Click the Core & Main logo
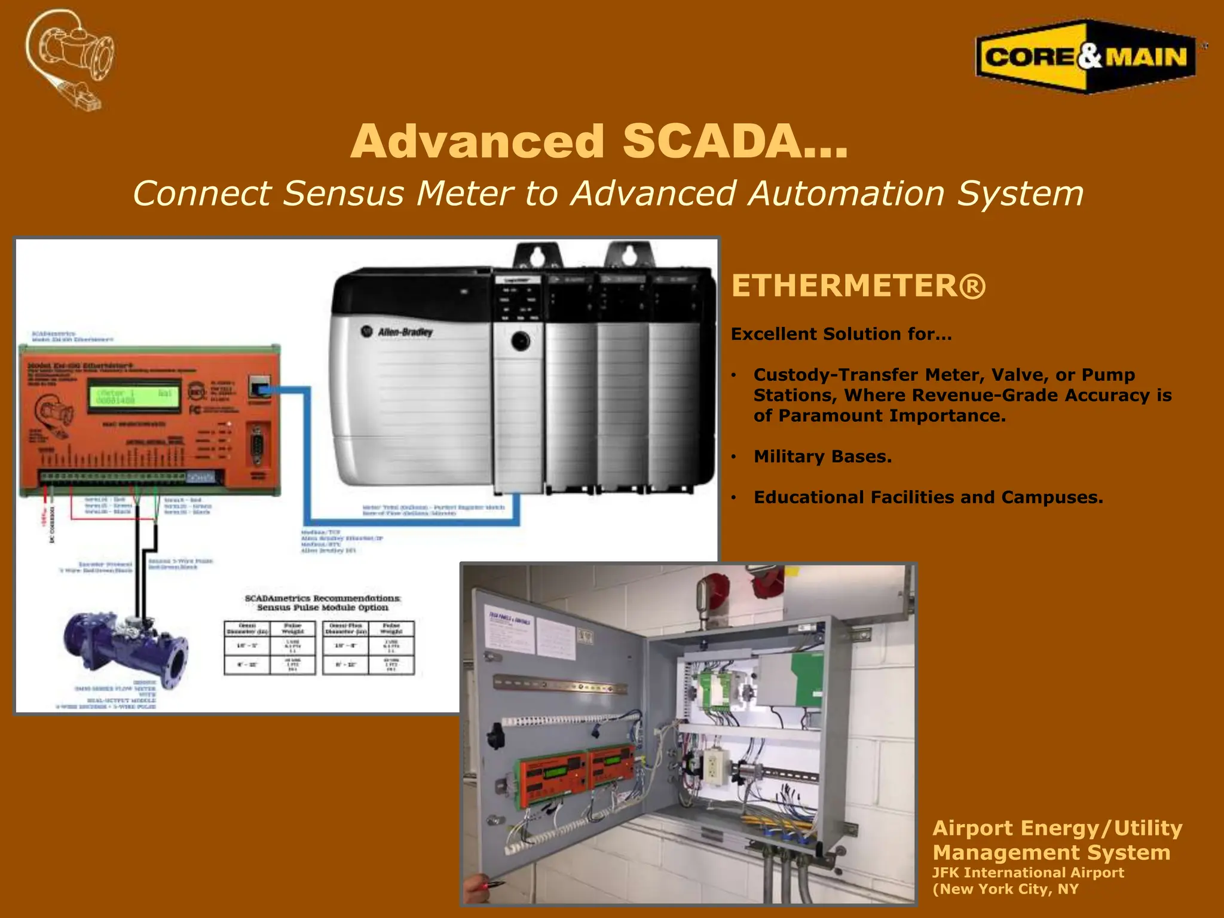click(1085, 57)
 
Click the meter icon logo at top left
click(71, 59)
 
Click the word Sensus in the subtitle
click(343, 194)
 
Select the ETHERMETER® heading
click(858, 286)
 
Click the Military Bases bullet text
click(822, 457)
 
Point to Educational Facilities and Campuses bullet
click(928, 497)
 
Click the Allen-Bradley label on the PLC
click(405, 332)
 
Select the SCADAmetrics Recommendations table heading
click(323, 602)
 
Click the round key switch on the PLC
click(520, 341)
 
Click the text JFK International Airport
click(1028, 873)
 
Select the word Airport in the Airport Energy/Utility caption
click(974, 828)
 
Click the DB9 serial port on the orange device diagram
click(258, 445)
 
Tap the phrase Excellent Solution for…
click(841, 334)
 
